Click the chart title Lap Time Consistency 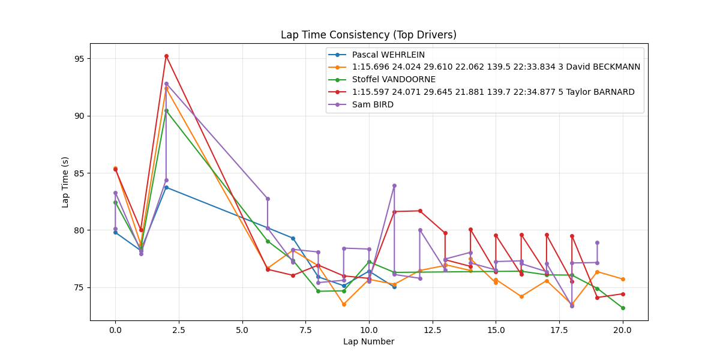[x=368, y=35]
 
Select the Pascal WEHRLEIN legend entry [x=388, y=55]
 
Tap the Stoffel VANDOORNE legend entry [x=394, y=79]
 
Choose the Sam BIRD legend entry [x=373, y=104]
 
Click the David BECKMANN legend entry [x=496, y=67]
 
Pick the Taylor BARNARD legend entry [x=493, y=92]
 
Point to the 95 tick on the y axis [x=80, y=59]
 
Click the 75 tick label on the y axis [x=80, y=287]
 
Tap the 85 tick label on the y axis [x=80, y=173]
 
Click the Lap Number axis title [x=368, y=342]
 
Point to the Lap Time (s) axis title [x=65, y=182]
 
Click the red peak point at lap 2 [x=166, y=56]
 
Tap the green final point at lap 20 [x=623, y=308]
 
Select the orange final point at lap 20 [x=623, y=279]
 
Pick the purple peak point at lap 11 [x=394, y=185]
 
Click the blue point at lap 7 [x=293, y=238]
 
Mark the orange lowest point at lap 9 [x=344, y=304]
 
